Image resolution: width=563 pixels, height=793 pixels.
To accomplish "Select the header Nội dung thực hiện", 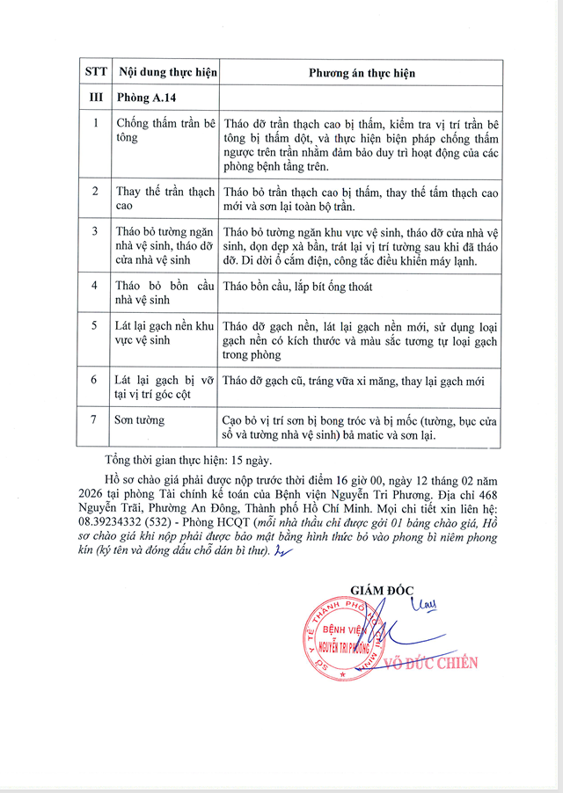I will [165, 73].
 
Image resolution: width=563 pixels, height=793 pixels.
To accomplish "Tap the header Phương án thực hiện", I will [361, 73].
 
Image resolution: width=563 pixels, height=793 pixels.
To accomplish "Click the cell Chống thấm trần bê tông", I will [165, 131].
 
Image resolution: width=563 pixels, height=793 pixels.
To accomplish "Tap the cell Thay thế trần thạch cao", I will [165, 198].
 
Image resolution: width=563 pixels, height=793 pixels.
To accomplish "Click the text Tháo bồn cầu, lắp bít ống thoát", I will [298, 287].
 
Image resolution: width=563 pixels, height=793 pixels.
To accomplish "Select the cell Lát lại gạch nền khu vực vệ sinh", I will [165, 332].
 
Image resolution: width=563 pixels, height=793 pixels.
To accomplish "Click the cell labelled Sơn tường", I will [140, 421].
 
